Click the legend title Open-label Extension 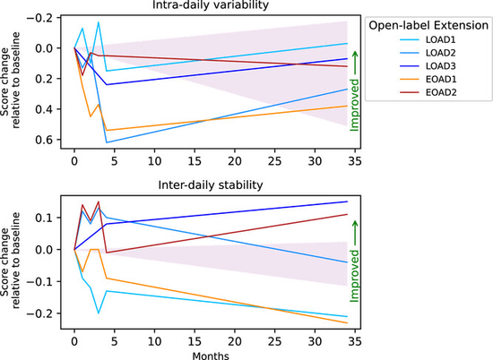[x=428, y=25]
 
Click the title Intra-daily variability [x=211, y=5]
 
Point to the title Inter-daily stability [x=211, y=185]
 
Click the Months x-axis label [x=211, y=356]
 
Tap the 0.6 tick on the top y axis [x=44, y=140]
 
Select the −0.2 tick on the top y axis [x=39, y=18]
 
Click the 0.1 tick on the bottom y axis [x=44, y=218]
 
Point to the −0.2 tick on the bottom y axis [x=39, y=313]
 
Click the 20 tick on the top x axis [x=235, y=161]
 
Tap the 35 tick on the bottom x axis [x=355, y=341]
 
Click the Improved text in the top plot [x=354, y=105]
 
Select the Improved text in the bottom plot [x=354, y=276]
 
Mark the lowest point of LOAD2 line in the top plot [x=107, y=142]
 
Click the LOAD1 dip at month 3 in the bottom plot [x=99, y=313]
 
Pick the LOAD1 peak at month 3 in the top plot [x=99, y=22]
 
